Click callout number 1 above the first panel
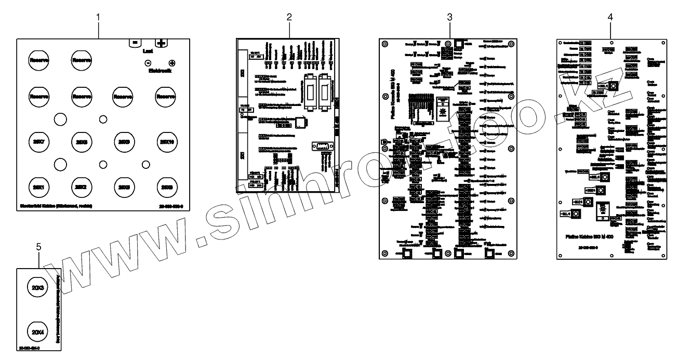99,17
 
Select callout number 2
289,17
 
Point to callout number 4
610,17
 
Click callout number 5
39,247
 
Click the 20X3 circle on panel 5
37,287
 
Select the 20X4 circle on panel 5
37,331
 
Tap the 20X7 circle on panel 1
38,142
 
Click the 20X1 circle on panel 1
38,186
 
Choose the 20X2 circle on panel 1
81,186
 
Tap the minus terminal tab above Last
135,43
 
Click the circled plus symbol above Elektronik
172,63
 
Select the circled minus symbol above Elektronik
148,63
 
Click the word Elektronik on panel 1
159,71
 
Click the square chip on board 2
301,123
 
